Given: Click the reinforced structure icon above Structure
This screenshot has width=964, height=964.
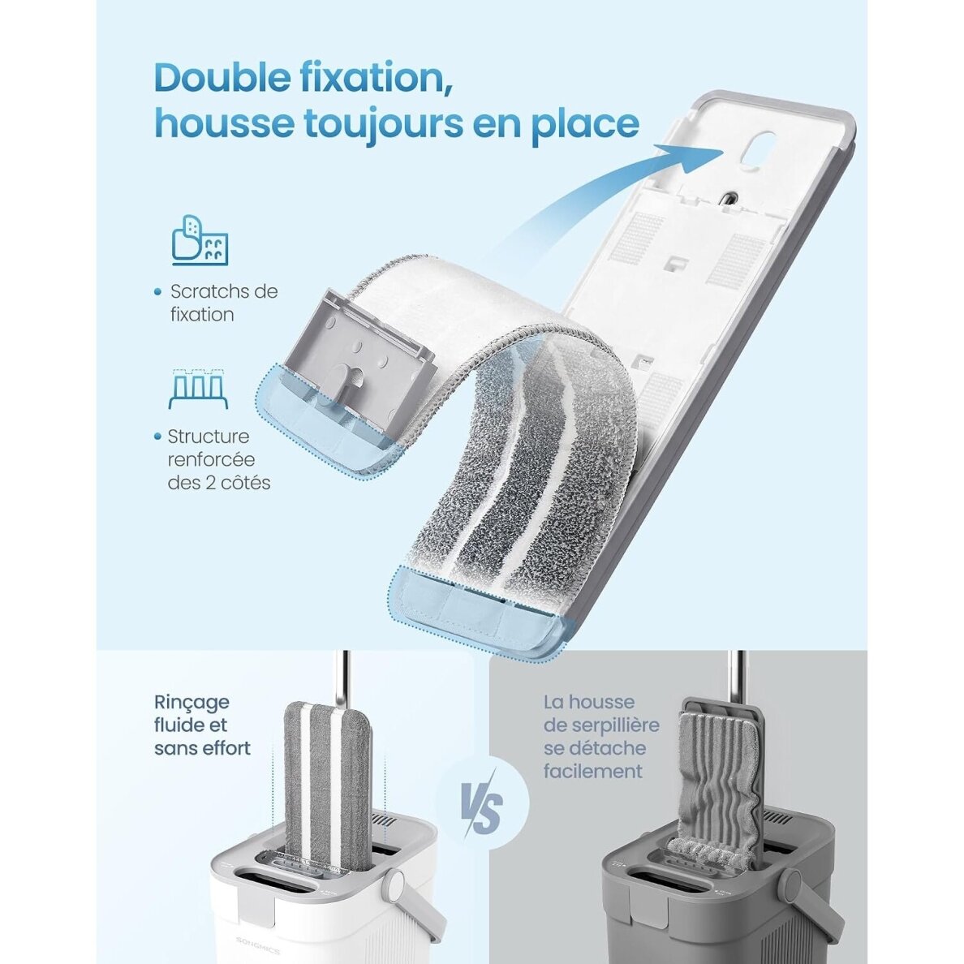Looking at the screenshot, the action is coord(199,389).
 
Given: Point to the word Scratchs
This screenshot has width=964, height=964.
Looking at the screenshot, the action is coord(212,291).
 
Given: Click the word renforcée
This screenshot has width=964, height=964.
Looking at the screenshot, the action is coord(211,459).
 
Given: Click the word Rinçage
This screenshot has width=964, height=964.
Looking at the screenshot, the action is coord(192,702).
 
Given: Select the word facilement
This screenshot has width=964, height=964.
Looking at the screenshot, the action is coord(592,771).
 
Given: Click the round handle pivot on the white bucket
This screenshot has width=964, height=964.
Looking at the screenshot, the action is coord(393,887).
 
